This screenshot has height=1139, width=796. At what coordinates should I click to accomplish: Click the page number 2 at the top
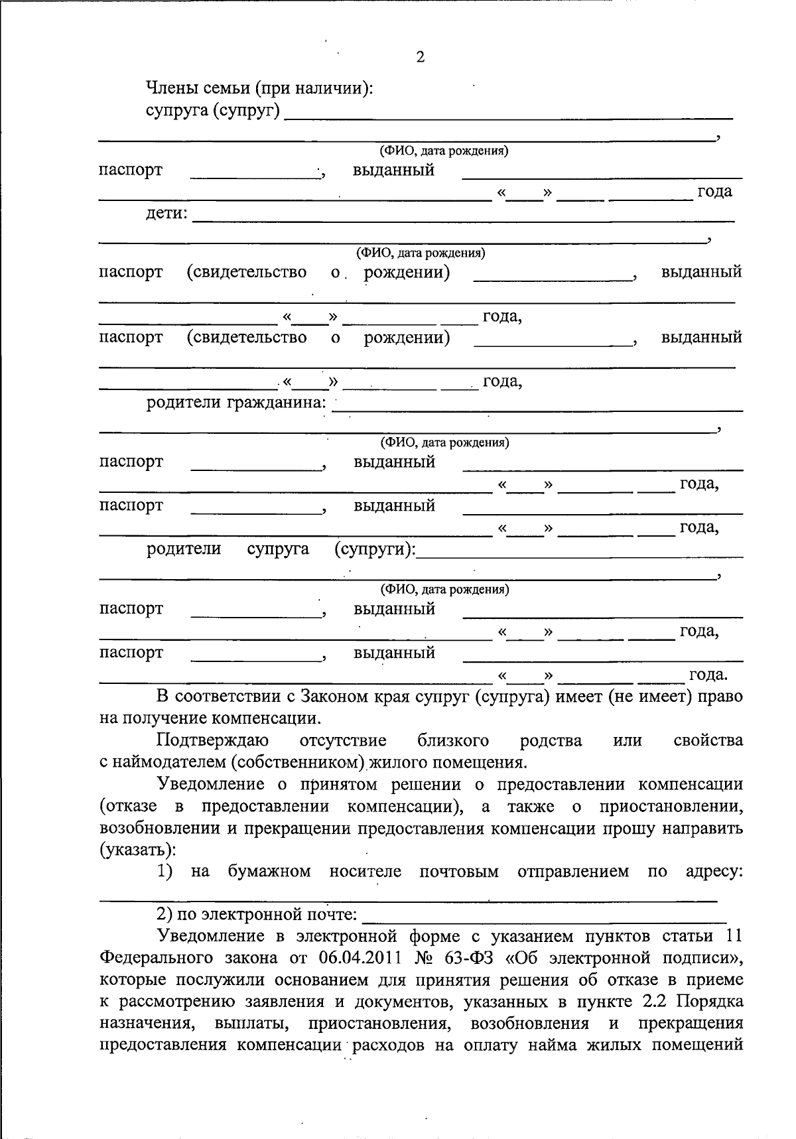(x=419, y=57)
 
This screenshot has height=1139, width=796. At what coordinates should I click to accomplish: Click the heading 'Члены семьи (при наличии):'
(x=259, y=88)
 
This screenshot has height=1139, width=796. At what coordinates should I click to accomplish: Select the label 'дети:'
(x=167, y=214)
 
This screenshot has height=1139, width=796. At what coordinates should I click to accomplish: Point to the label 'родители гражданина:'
(x=237, y=403)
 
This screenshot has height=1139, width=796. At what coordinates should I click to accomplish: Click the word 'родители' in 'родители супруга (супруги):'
(x=184, y=549)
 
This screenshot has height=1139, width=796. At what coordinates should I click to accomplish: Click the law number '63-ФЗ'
(x=464, y=958)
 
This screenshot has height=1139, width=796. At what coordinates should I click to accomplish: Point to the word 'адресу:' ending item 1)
(x=714, y=872)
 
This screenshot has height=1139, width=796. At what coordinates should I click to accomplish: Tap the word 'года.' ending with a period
(x=708, y=675)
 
